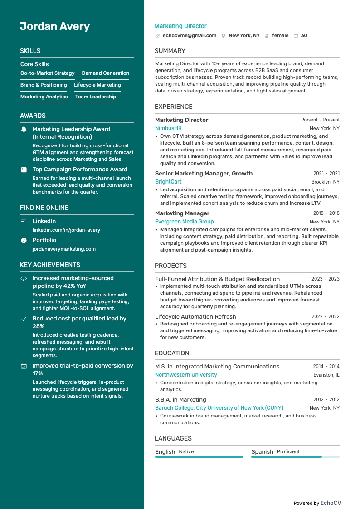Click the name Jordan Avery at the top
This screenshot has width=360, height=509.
pos(55,26)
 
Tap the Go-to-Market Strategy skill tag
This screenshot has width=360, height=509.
pos(48,73)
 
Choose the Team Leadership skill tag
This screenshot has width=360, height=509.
pos(96,97)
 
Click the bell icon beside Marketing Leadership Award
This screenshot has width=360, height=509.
pos(24,130)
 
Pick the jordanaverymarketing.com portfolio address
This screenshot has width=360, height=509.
pos(64,249)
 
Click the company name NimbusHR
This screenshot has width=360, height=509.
pos(168,128)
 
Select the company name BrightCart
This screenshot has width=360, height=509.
pos(168,182)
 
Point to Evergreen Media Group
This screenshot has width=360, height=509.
pos(184,222)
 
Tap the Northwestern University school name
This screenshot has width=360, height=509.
pos(186,375)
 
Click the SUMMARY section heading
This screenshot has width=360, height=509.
pos(170,51)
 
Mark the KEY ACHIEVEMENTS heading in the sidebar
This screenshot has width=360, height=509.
pos(50,265)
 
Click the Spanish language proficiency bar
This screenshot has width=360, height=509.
pos(295,457)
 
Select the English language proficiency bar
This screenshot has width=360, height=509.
pos(199,457)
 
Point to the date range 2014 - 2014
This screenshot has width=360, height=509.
pos(326,366)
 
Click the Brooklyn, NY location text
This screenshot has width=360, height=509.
pos(324,182)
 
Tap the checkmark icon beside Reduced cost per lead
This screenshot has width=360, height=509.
pos(24,319)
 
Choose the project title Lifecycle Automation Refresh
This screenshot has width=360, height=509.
pos(195,316)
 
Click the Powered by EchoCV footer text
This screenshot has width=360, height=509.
pos(317,503)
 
